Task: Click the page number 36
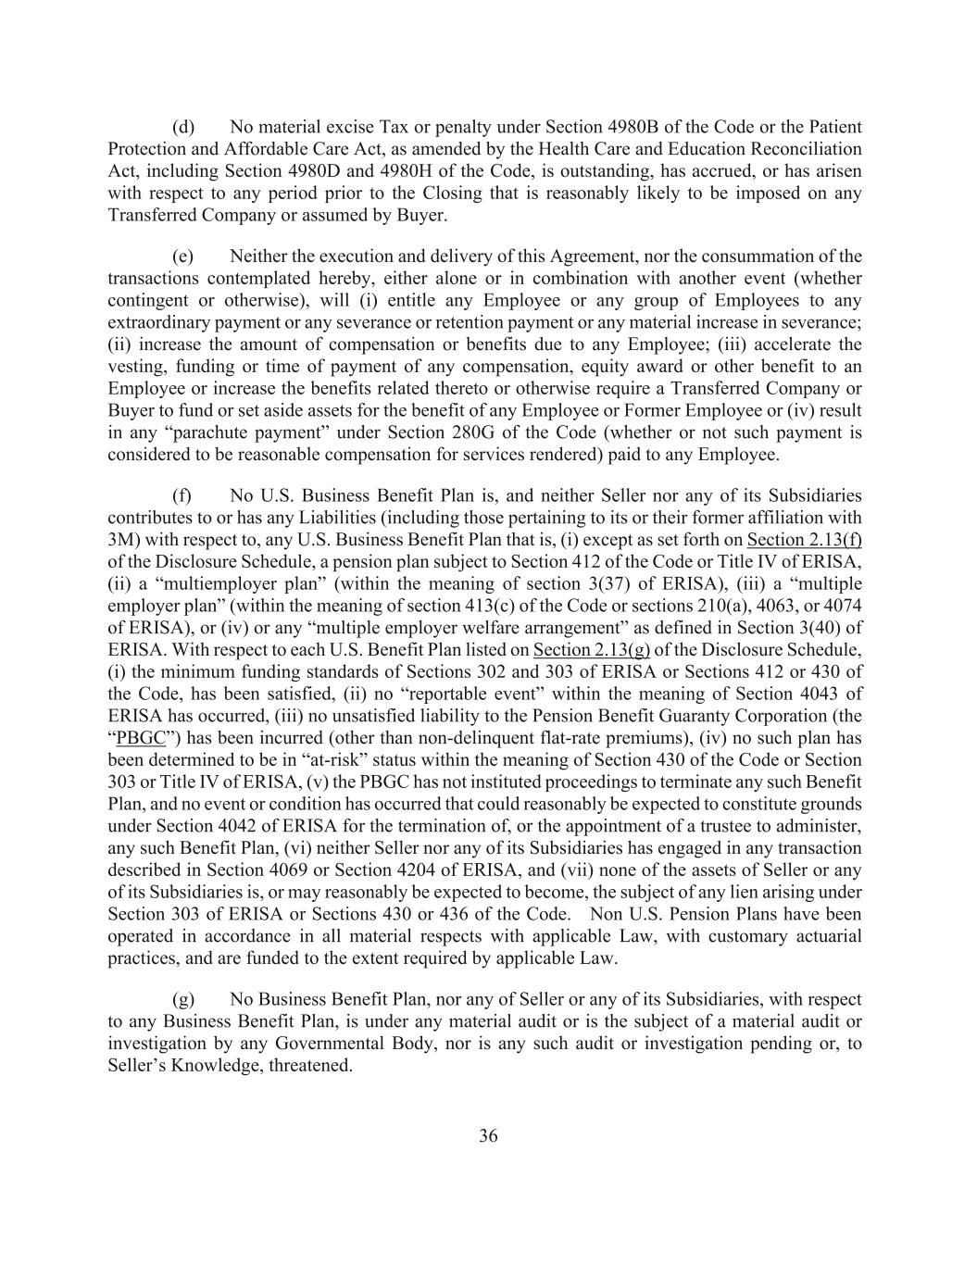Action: coord(488,1136)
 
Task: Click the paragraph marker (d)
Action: coord(182,127)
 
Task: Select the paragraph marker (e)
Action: coord(182,257)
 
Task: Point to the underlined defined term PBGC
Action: coord(133,738)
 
